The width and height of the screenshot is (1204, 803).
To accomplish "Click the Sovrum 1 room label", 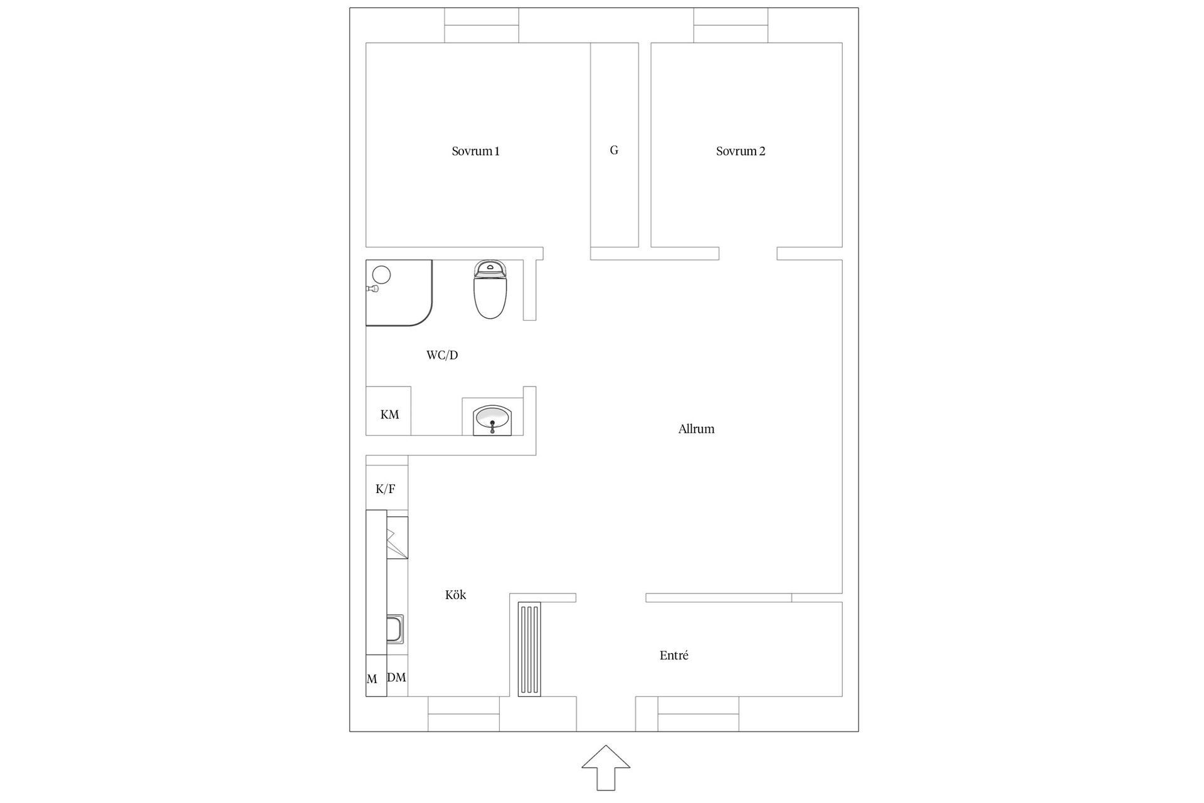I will tap(475, 151).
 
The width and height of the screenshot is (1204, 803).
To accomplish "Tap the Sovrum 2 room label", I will tap(741, 151).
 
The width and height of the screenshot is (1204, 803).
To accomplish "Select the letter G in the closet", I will tap(614, 151).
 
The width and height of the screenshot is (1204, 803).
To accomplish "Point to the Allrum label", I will tap(696, 429).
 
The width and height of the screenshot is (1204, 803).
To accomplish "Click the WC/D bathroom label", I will tap(442, 355).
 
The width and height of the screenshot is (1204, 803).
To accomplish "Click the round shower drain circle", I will tap(381, 274).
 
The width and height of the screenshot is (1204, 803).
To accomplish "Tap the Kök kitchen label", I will tap(455, 595).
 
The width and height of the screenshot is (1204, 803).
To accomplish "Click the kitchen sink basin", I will tap(395, 629).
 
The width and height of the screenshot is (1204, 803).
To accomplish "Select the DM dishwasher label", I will tap(397, 678).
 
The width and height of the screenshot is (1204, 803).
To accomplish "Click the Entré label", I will tap(674, 656).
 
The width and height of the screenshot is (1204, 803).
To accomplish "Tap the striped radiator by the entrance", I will tap(529, 649).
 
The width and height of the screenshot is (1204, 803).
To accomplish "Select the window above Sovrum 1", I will tap(482, 25).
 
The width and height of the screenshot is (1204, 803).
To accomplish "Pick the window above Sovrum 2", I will tap(731, 25).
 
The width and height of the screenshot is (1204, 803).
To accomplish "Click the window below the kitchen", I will tap(463, 714).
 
